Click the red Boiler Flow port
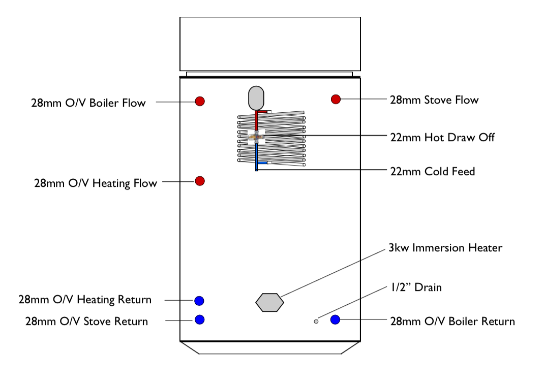coord(200,101)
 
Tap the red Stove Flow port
coord(336,99)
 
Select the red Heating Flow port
coord(200,181)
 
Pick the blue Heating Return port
coord(199,301)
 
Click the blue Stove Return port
coord(200,319)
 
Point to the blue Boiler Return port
coord(335,319)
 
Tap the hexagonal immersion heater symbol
coord(269,302)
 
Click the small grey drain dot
coord(316,321)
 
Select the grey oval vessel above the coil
coord(257,98)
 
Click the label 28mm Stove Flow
coord(434,100)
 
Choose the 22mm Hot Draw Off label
coord(442,137)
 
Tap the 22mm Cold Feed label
coord(432,172)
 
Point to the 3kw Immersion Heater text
coord(445,248)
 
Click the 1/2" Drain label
coord(416,287)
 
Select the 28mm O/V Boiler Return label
coord(452,322)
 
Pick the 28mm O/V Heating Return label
coord(85,300)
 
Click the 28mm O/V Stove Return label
coord(86,322)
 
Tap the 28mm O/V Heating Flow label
coord(96,183)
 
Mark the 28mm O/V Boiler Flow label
coord(88,103)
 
